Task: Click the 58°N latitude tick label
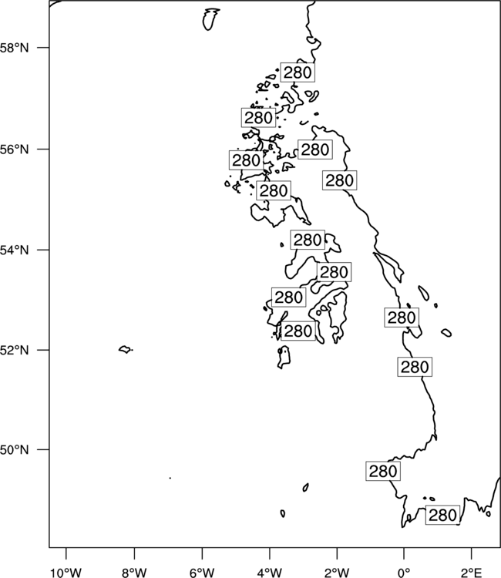14,48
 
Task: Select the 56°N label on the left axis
14,150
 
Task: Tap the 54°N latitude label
14,250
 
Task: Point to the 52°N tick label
14,350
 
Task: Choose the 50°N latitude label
14,450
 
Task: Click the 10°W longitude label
66,573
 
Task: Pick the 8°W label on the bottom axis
134,573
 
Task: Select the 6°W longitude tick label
202,573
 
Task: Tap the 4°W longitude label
269,573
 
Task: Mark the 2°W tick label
337,573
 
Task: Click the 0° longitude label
404,573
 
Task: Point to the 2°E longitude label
472,573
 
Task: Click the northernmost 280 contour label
298,72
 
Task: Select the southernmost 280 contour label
442,515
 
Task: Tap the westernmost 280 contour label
246,160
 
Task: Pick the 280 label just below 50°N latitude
383,471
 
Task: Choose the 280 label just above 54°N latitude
308,240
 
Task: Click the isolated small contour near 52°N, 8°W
126,349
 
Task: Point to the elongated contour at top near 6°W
210,19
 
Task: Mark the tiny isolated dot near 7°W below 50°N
170,478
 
